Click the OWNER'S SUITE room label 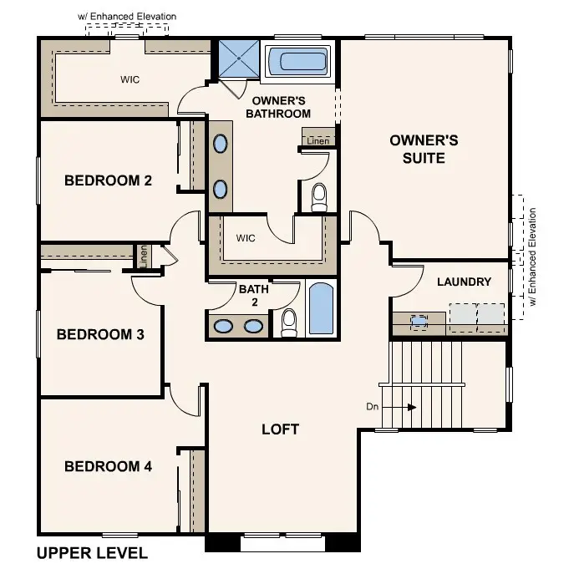click(x=424, y=149)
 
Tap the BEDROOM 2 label click(x=108, y=180)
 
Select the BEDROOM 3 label click(x=100, y=334)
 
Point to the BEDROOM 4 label click(x=108, y=466)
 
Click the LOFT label click(x=280, y=429)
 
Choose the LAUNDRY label click(x=464, y=282)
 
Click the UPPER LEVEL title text click(x=92, y=553)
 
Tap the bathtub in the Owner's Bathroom click(x=298, y=62)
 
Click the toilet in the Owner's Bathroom click(x=318, y=196)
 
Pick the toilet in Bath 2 click(x=289, y=322)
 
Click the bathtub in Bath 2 click(x=321, y=310)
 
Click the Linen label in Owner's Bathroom click(x=317, y=141)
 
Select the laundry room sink click(x=418, y=319)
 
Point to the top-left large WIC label click(x=130, y=79)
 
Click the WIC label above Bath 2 click(x=245, y=238)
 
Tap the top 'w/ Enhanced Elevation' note click(x=127, y=16)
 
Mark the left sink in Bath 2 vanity click(x=223, y=325)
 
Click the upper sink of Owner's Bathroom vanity click(x=220, y=144)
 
